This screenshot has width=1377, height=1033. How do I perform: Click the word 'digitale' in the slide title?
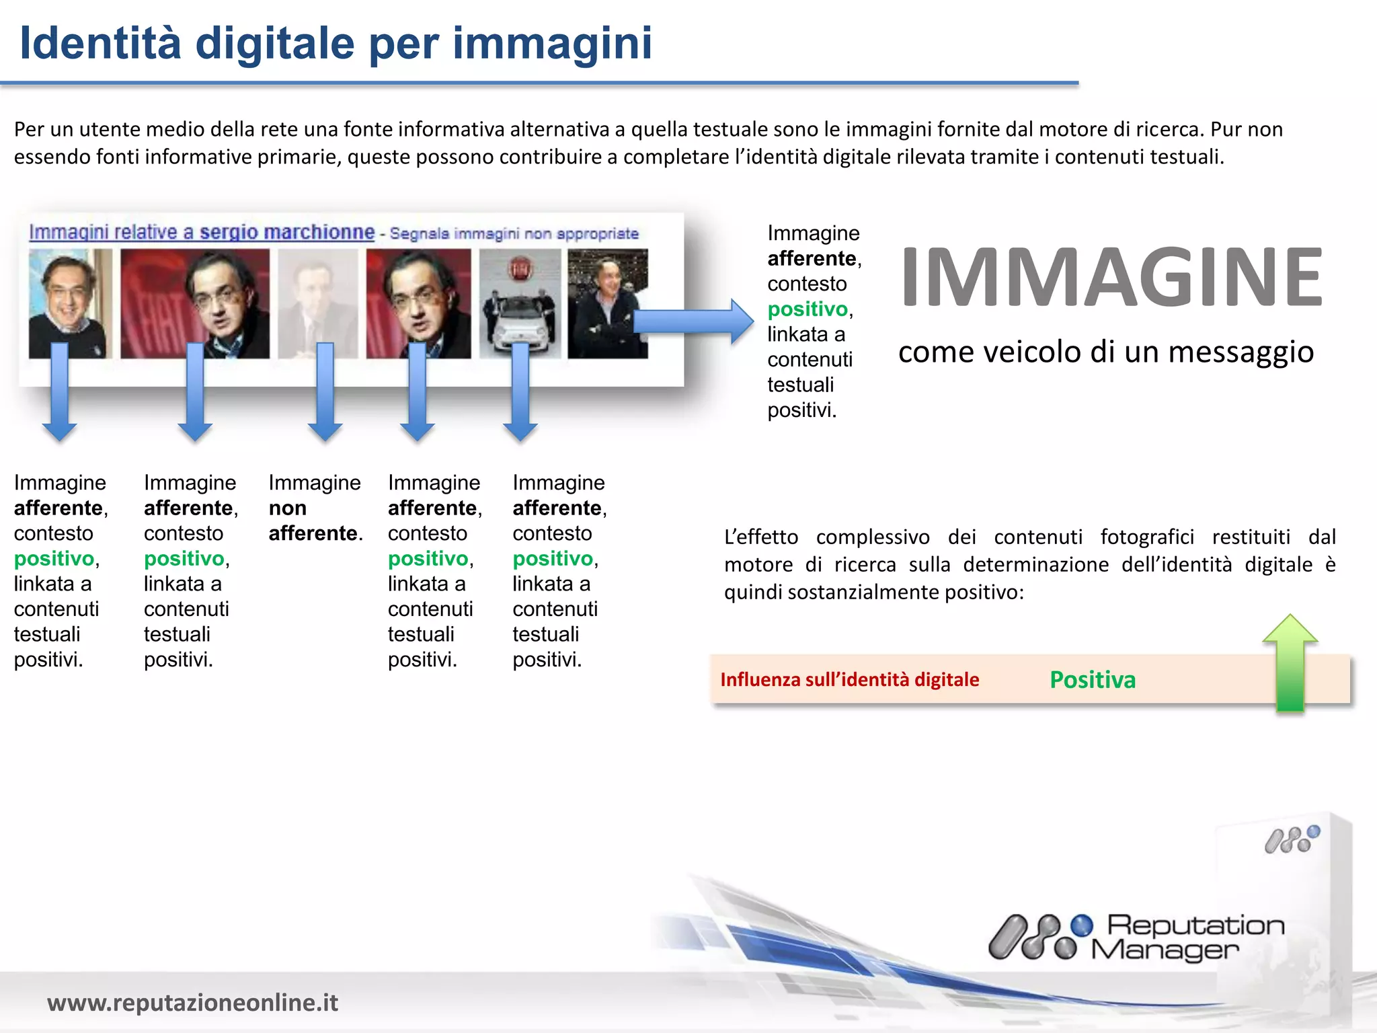point(274,44)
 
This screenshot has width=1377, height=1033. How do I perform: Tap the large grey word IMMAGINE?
point(1111,276)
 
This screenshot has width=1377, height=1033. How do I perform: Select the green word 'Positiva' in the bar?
point(1093,680)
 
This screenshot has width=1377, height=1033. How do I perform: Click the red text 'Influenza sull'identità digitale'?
point(849,680)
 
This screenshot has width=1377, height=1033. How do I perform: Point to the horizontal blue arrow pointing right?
point(693,321)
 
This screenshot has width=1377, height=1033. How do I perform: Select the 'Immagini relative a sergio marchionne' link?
point(202,232)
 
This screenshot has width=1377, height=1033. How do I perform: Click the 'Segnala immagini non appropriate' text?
point(514,233)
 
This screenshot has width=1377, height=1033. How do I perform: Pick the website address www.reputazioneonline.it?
point(192,1002)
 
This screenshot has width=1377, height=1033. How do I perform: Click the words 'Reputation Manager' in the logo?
point(1187,938)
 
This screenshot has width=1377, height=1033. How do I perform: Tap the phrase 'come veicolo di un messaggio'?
point(1106,352)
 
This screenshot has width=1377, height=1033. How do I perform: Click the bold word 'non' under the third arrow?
point(288,508)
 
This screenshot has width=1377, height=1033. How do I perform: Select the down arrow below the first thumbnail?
point(60,393)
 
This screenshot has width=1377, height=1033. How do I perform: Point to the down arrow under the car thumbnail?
point(520,393)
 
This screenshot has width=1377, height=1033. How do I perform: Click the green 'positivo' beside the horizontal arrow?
point(808,309)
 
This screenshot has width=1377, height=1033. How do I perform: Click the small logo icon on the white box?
point(1292,841)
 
